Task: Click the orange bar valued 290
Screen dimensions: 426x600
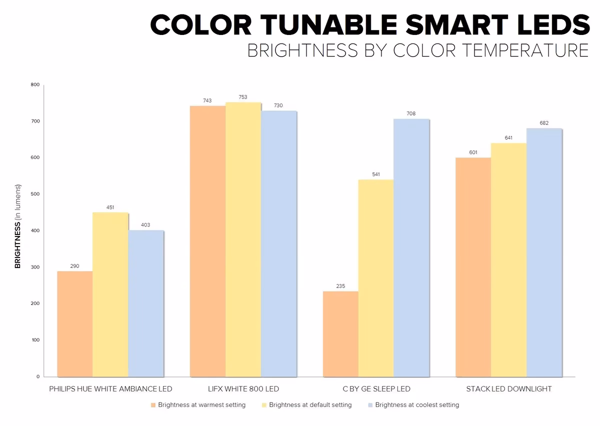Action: (x=75, y=323)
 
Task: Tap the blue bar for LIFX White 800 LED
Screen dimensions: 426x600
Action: (x=278, y=243)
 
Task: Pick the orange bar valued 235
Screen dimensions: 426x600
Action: (x=340, y=333)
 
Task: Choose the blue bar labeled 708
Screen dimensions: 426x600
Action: (x=411, y=247)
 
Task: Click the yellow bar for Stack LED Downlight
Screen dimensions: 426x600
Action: (x=508, y=259)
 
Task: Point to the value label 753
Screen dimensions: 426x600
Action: (x=243, y=97)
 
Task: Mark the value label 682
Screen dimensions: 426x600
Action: (x=544, y=123)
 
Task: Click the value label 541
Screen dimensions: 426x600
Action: (x=375, y=174)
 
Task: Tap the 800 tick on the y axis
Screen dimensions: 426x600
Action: (x=35, y=85)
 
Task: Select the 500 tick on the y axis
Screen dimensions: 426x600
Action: (x=35, y=194)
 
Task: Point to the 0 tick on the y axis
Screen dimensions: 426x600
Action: (x=37, y=376)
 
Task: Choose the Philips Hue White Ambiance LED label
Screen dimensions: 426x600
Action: (x=110, y=389)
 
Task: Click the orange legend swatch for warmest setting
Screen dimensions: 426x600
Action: (x=153, y=405)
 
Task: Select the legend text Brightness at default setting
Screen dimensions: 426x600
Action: (x=310, y=405)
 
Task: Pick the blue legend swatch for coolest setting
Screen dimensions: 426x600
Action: (x=370, y=405)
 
